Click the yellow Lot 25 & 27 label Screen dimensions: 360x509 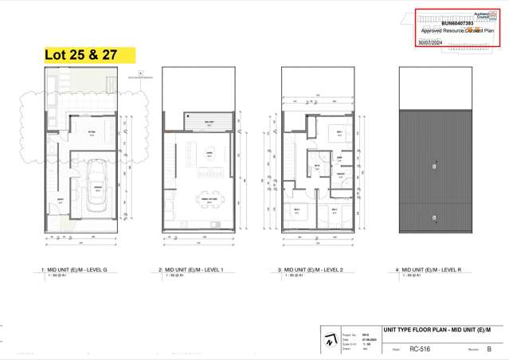(89, 54)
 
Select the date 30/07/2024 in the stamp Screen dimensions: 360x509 (431, 41)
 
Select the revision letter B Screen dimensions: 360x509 (489, 349)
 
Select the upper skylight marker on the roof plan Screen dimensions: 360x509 (433, 166)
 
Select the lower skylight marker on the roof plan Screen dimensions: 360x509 (433, 217)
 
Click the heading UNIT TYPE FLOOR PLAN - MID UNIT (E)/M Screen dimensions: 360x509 (437, 329)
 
